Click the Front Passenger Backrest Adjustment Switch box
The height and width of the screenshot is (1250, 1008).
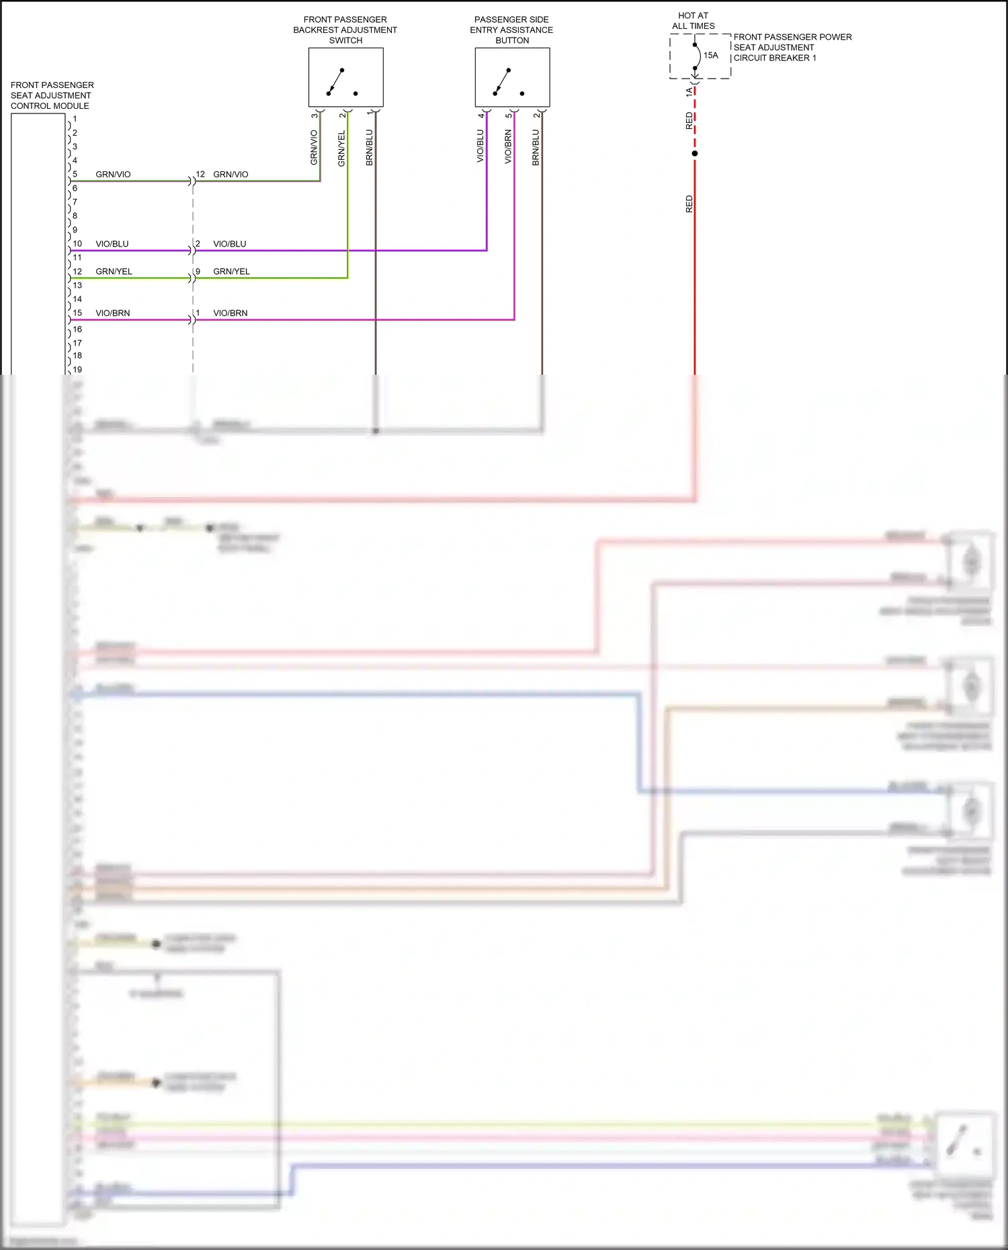pos(345,77)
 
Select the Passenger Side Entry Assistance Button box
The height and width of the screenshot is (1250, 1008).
pos(512,77)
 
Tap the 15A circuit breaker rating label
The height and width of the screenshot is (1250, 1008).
pos(711,55)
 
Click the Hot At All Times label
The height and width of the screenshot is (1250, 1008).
pos(694,21)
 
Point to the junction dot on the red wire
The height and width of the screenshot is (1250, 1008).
pos(695,154)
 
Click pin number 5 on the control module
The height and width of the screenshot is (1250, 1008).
pos(75,174)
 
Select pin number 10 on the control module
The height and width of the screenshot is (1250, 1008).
pos(77,244)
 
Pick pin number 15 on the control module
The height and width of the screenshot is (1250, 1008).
pos(77,313)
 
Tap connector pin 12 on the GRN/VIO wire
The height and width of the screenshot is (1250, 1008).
pos(200,174)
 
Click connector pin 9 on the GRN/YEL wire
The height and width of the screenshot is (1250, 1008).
pos(198,271)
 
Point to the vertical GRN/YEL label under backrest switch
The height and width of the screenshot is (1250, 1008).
pos(341,148)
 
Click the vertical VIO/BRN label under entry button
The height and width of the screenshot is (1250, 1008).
pos(508,147)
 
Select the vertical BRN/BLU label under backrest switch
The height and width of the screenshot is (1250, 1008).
pos(369,147)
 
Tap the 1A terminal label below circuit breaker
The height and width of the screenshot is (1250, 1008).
pos(689,92)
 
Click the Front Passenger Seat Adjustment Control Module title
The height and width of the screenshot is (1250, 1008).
pos(52,95)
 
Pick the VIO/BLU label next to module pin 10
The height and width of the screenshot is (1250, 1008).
pos(112,244)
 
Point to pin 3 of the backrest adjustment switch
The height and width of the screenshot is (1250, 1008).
pos(314,116)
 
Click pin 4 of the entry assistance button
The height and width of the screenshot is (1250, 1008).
pos(480,116)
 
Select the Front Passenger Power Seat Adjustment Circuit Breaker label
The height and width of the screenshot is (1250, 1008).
pos(792,47)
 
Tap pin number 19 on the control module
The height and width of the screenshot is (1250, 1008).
pos(77,369)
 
